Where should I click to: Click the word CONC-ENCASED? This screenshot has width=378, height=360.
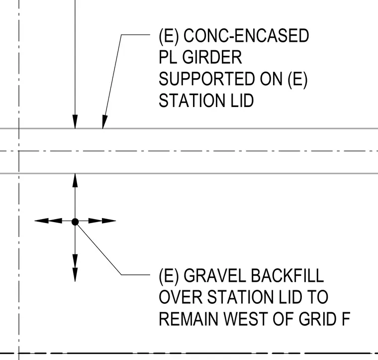pos(246,35)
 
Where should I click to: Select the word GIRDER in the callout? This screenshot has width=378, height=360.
pos(212,57)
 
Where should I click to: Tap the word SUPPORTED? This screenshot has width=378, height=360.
pos(206,79)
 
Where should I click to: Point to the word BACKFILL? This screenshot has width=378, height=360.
pos(287,275)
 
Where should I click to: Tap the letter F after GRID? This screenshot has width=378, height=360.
pos(346,319)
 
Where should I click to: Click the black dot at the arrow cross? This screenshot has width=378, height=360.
pos(75,222)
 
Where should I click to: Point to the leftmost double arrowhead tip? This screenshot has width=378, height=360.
pos(35,221)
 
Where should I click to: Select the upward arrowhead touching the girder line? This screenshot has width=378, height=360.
pos(75,180)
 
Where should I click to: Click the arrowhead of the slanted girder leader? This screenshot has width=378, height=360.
pos(104,122)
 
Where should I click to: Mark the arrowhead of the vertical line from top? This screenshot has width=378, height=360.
pos(75,122)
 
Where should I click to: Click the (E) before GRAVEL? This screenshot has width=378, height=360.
pos(169,275)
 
